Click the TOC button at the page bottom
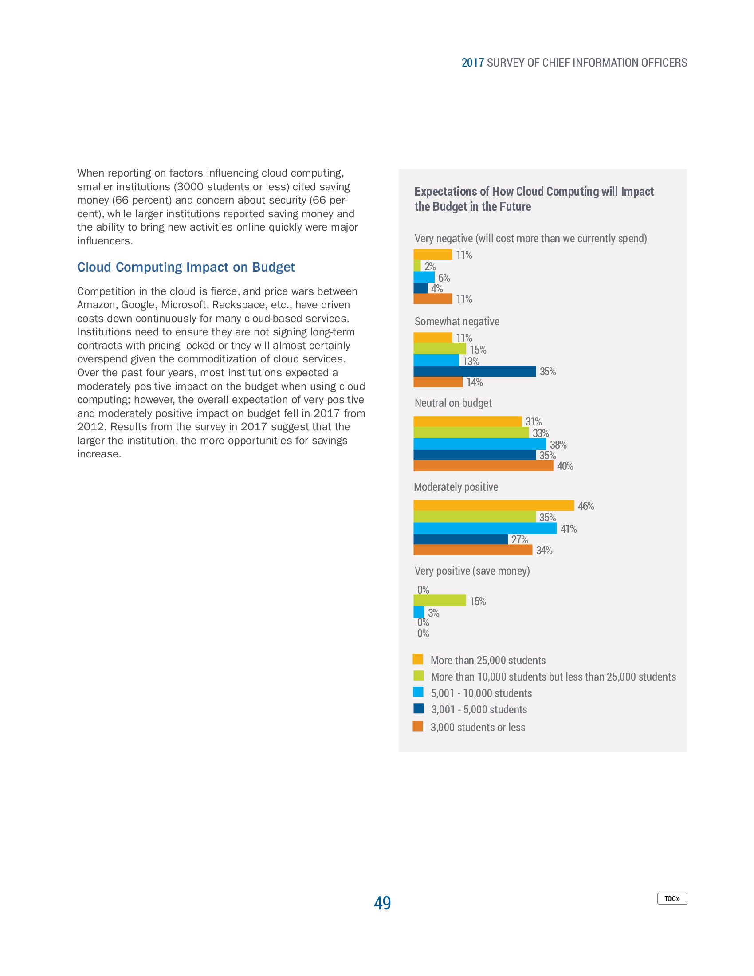click(x=672, y=898)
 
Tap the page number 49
click(x=382, y=903)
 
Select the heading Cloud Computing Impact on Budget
click(x=186, y=267)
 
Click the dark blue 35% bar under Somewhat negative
click(x=475, y=371)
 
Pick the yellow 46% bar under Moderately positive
click(x=494, y=505)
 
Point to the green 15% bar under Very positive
click(x=440, y=601)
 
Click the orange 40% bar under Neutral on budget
click(x=483, y=466)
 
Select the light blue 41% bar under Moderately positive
click(x=485, y=529)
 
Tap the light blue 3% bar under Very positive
click(x=419, y=612)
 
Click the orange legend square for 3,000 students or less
click(x=418, y=727)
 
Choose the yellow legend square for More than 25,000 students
click(x=418, y=659)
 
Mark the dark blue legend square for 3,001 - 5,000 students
click(x=418, y=708)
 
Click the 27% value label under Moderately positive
click(x=519, y=539)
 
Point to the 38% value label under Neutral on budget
click(x=558, y=445)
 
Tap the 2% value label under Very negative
click(x=430, y=266)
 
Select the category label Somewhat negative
click(x=456, y=321)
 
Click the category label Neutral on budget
click(x=453, y=403)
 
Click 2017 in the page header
click(x=473, y=63)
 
